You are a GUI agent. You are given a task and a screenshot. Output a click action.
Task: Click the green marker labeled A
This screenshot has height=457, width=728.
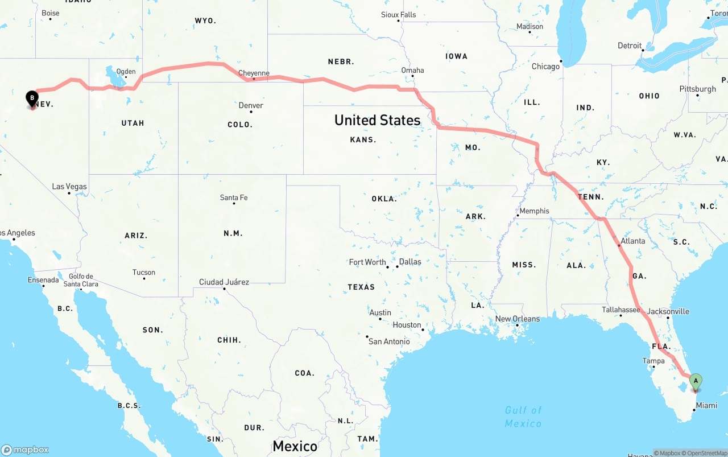[695, 381]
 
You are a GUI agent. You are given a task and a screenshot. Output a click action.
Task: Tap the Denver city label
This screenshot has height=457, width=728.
[251, 105]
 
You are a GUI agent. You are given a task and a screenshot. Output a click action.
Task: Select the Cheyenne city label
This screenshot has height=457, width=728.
[254, 73]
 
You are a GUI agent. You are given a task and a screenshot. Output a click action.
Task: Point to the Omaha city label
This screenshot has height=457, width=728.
[412, 71]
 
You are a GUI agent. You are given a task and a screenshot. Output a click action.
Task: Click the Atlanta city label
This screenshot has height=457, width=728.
[632, 241]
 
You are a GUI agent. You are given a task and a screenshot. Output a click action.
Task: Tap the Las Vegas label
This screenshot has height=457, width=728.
[69, 187]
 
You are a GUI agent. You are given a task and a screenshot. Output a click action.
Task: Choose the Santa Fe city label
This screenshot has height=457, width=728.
[234, 197]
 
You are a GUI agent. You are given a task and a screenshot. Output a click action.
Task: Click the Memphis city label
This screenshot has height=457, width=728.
[534, 211]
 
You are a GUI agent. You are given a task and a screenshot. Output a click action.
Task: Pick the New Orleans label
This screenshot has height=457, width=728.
[518, 319]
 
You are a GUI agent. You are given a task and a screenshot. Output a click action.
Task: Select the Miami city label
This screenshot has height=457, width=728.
[706, 405]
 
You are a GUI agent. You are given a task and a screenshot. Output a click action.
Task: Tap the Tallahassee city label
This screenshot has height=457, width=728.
[621, 310]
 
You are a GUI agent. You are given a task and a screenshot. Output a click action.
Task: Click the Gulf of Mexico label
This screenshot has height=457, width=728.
[523, 417]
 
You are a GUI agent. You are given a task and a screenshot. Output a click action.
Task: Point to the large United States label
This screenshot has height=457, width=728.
[377, 120]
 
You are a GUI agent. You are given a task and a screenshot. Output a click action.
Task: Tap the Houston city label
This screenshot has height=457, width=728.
[407, 325]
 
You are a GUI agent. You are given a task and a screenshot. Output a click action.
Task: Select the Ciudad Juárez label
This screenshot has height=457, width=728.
[224, 282]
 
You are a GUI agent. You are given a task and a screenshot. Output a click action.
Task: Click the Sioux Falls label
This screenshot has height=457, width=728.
[398, 15]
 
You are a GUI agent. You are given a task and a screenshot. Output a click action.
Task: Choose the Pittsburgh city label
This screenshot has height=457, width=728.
[697, 89]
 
